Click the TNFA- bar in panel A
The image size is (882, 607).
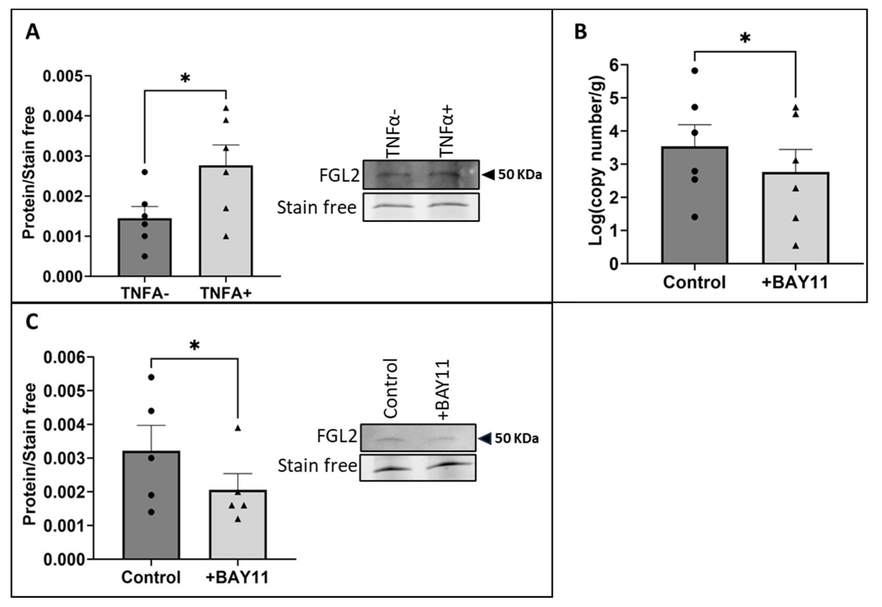coord(145,247)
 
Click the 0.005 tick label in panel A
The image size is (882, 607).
coord(63,76)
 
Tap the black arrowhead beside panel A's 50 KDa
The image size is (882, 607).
coord(488,175)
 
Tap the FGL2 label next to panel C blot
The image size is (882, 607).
coord(337,437)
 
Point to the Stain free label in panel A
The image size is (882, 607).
coord(316,208)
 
